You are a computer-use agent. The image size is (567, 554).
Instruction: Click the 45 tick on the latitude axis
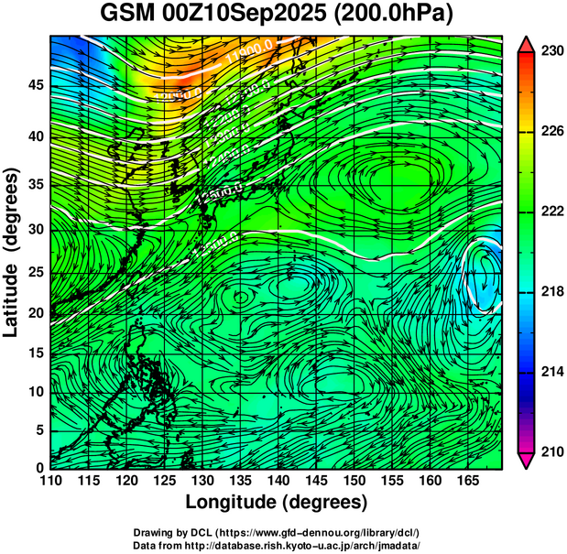(35, 85)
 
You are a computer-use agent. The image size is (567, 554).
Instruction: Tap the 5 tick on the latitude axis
(39, 429)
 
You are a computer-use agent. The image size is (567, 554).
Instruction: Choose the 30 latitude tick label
(35, 229)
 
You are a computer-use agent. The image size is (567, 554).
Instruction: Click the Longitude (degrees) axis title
(277, 502)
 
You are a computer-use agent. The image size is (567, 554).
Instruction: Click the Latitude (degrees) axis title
(12, 252)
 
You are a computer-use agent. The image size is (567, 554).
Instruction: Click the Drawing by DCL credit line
(277, 532)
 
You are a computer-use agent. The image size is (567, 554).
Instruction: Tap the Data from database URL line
(277, 545)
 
